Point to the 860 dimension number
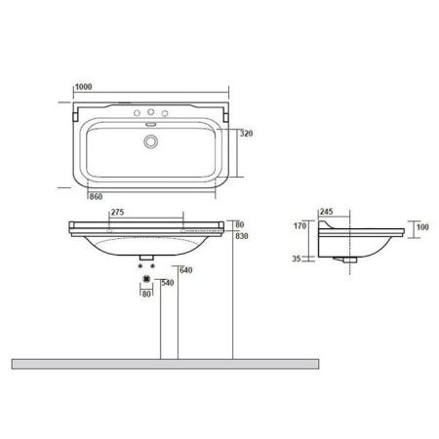pos(96,196)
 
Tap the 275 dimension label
pos(116,211)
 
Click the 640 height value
pos(185,270)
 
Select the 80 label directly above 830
pos(240,223)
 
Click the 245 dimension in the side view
pos(326,211)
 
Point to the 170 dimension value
pos(299,226)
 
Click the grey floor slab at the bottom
pos(166,362)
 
